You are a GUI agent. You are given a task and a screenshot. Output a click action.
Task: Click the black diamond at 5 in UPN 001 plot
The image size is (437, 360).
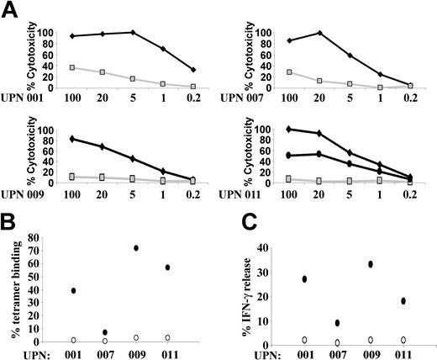132,32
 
